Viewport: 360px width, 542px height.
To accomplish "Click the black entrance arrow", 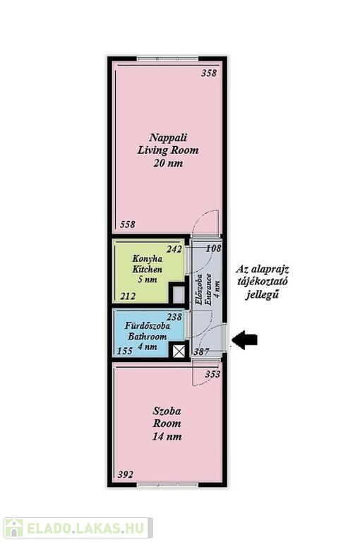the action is (x=244, y=339).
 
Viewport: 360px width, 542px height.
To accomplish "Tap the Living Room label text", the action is (x=168, y=150).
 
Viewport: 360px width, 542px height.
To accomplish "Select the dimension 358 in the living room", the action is (x=209, y=73).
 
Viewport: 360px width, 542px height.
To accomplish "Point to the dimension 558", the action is (x=128, y=224).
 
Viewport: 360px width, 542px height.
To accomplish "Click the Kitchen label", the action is (x=147, y=270).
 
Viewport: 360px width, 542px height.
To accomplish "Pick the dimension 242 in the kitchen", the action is (x=174, y=249).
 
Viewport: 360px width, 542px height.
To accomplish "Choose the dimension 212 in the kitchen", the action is (x=128, y=296).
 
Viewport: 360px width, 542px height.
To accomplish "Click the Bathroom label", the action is (x=148, y=337).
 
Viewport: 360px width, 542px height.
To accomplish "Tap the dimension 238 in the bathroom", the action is (x=174, y=317).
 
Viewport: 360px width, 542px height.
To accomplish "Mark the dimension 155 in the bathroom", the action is (x=125, y=351).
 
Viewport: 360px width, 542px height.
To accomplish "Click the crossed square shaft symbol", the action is (x=179, y=351).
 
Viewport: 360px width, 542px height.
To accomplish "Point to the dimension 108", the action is (x=213, y=248).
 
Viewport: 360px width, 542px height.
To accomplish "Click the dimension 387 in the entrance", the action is (x=201, y=351).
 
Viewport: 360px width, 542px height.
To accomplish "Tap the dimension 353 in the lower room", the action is (x=212, y=374).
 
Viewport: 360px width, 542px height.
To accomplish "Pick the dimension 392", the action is (x=125, y=474).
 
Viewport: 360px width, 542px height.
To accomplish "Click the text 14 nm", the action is (x=167, y=437).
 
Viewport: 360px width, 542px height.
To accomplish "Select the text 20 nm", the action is (x=168, y=163).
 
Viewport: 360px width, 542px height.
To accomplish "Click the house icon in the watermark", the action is (x=13, y=527).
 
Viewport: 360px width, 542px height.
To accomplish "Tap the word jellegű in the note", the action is (x=262, y=295).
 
